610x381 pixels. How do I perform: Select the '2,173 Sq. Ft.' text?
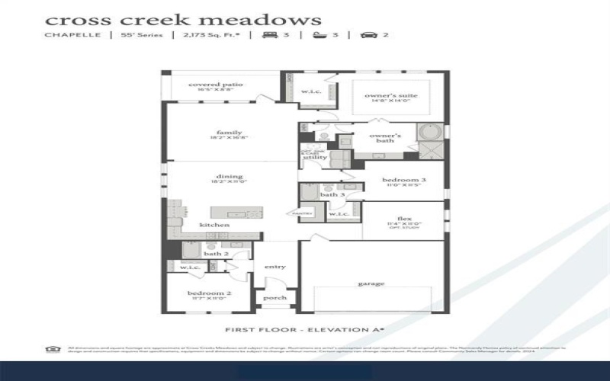click(x=205, y=35)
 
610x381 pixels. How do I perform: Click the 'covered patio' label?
click(x=215, y=85)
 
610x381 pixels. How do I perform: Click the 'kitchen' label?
click(x=214, y=226)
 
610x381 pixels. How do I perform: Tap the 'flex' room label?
click(x=404, y=217)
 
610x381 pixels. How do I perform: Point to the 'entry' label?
click(x=274, y=267)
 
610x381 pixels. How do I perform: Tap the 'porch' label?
click(x=274, y=298)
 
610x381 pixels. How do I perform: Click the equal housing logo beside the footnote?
click(x=53, y=349)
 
